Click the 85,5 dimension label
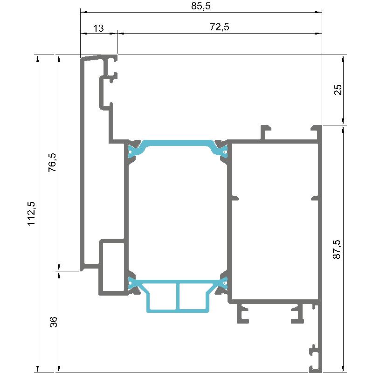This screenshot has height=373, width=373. click(x=201, y=6)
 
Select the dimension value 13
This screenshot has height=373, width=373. click(x=98, y=28)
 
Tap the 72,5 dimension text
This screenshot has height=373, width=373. click(x=219, y=27)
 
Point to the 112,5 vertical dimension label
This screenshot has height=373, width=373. click(x=31, y=213)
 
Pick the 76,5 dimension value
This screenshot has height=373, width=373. click(x=52, y=162)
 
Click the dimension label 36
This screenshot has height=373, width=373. click(x=54, y=322)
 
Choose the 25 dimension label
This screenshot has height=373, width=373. click(x=338, y=90)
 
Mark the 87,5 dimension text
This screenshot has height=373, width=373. click(x=336, y=249)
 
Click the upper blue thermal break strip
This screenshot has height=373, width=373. click(x=178, y=143)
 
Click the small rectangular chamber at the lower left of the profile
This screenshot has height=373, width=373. click(x=111, y=267)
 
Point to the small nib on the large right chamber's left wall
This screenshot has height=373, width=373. click(x=235, y=198)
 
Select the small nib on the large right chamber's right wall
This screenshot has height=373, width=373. click(x=315, y=198)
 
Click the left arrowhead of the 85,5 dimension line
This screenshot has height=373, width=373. click(x=84, y=12)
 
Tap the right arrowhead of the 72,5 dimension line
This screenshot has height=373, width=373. click(x=318, y=33)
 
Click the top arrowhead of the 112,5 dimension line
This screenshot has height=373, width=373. click(x=37, y=59)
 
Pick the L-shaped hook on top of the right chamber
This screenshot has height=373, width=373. click(x=265, y=132)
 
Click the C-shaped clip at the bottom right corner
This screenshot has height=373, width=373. click(x=315, y=358)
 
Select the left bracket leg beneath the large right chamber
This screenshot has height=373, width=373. click(x=242, y=313)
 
